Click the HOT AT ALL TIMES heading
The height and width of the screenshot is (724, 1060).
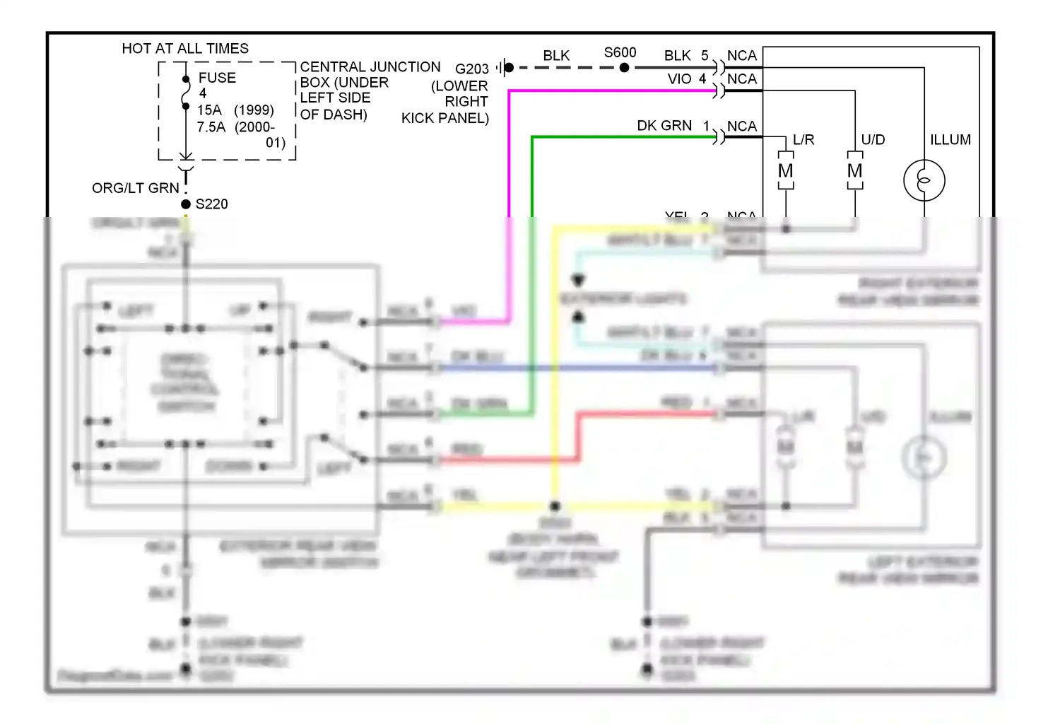point(185,48)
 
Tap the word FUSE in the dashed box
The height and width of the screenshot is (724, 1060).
point(217,78)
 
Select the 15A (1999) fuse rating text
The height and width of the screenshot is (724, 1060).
point(235,110)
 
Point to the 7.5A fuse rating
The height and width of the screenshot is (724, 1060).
point(211,127)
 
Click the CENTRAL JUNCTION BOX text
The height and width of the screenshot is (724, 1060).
point(370,67)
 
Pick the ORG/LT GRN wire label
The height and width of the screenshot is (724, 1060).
point(136,188)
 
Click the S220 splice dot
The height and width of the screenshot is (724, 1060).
point(186,204)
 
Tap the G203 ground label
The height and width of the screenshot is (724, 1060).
point(471,69)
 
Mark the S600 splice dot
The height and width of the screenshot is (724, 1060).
point(624,68)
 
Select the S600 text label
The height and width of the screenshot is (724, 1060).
point(620,53)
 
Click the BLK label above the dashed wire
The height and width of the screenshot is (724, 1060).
point(556,56)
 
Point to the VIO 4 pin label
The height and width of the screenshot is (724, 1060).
point(686,79)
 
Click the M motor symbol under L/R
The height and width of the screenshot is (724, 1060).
point(786,171)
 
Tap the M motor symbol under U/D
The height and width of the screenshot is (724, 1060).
point(855,171)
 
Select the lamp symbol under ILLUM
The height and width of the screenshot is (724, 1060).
point(924,180)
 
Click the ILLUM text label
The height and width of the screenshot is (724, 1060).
point(950,140)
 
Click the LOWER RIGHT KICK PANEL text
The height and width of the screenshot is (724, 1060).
point(449,102)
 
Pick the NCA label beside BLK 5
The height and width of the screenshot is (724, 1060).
point(741,56)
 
